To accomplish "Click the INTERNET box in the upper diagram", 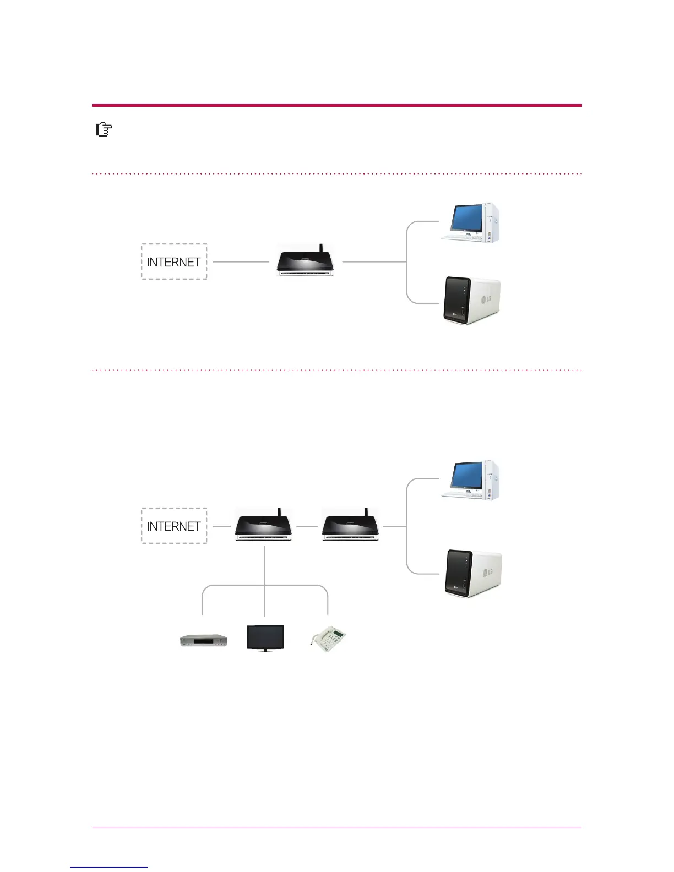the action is (x=174, y=261).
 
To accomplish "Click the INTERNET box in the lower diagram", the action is (x=174, y=526).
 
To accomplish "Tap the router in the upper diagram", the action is (x=306, y=263).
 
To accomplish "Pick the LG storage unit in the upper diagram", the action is (x=472, y=301).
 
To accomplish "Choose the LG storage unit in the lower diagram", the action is (x=472, y=573).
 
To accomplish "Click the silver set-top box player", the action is (x=204, y=640).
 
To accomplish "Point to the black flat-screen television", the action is (x=265, y=638).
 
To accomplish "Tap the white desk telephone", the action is (x=329, y=640).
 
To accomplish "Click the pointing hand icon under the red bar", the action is (x=104, y=130).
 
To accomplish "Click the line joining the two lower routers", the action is (x=307, y=526).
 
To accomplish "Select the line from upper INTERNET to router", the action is (x=241, y=261).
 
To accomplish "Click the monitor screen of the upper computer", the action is (x=466, y=218).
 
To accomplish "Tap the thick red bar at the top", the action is (x=336, y=105).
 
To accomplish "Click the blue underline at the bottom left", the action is (x=108, y=867).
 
